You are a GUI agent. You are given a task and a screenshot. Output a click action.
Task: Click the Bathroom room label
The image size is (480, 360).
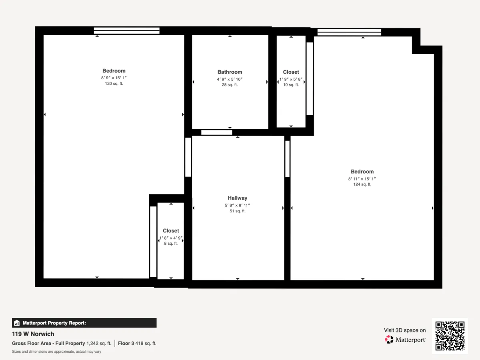coord(230,72)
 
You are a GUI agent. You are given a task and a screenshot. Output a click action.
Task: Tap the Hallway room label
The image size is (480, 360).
coord(238,198)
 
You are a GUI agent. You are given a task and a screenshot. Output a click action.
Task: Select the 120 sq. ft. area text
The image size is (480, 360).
coord(114,84)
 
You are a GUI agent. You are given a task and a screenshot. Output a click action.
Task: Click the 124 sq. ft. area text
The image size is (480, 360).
coord(362,184)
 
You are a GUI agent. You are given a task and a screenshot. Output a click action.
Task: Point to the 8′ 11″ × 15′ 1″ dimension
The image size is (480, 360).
coord(362,179)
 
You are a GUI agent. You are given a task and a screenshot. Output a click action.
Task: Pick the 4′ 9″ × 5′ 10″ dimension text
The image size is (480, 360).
coord(230,79)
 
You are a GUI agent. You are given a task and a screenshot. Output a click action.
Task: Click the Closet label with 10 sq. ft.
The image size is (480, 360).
coord(291,72)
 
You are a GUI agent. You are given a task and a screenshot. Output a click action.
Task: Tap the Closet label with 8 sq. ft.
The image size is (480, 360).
coord(171,231)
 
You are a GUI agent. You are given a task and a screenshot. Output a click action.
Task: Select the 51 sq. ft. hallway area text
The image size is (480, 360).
coord(238,211)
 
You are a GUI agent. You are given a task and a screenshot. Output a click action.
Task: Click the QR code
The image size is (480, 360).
coord(450,336)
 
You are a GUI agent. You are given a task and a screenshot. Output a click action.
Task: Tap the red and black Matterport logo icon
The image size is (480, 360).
coord(389,340)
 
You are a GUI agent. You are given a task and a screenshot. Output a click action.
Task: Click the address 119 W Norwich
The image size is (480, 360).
coord(33,334)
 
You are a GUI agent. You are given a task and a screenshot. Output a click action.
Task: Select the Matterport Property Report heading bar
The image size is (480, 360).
coord(84,323)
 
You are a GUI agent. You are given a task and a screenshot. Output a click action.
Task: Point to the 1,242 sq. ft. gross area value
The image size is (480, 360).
coord(99,343)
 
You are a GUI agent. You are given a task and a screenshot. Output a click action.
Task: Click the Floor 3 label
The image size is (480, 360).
coord(126,343)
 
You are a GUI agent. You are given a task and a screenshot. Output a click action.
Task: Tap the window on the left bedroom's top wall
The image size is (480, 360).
coord(127,31)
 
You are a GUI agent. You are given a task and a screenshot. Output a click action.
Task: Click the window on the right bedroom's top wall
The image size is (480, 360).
coord(349,32)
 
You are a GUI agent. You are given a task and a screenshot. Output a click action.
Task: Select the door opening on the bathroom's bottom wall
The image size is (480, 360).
coord(216,132)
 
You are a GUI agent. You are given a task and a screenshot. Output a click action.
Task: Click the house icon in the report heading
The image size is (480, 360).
coord(17,323)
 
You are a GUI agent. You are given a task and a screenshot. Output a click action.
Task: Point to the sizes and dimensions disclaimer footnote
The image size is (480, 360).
coord(56,352)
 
